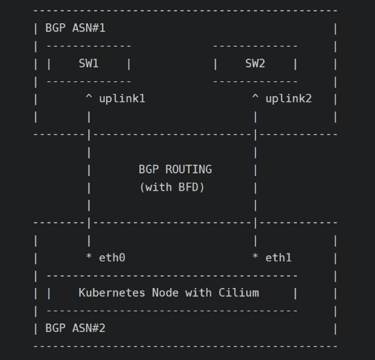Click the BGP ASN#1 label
click(75, 28)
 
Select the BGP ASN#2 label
click(75, 328)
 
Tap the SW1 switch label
click(89, 63)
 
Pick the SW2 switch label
click(255, 63)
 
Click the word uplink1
click(122, 99)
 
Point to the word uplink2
click(289, 99)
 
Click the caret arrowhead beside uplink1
click(89, 97)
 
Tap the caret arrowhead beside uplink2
click(255, 97)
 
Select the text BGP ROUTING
click(175, 169)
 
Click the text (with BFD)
click(172, 187)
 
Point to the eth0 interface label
click(112, 258)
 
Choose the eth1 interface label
click(279, 258)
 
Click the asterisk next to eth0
click(89, 256)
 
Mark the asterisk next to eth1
click(255, 256)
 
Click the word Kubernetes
click(112, 293)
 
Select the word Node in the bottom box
click(165, 293)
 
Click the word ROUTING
click(189, 169)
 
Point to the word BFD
click(188, 187)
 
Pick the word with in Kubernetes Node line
click(198, 293)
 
